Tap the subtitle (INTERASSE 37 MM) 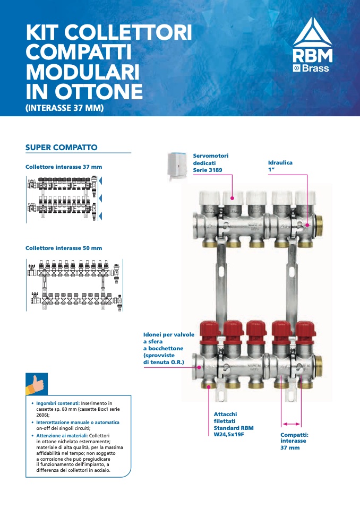64,108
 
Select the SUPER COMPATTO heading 62,146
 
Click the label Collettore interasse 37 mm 64,167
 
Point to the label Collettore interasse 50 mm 64,248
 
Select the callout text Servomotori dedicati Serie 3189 211,163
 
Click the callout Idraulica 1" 280,166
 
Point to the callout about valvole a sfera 169,348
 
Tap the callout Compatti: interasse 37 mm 294,441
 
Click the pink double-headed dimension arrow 290,424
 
